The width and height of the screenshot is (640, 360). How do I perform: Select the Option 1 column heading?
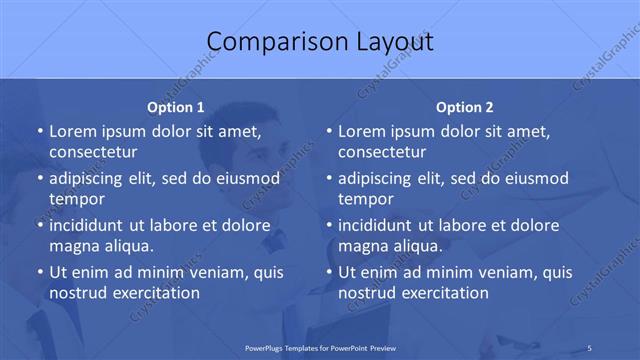pos(176,107)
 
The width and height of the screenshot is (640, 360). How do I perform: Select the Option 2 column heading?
pos(465,107)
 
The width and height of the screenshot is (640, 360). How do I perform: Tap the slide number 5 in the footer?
pos(591,347)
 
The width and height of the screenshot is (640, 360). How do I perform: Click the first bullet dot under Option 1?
pos(40,132)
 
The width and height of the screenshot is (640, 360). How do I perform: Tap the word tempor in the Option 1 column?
pos(76,199)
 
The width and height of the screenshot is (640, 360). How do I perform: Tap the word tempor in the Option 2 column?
pos(365,199)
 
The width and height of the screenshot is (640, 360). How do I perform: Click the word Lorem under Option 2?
pos(360,132)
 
